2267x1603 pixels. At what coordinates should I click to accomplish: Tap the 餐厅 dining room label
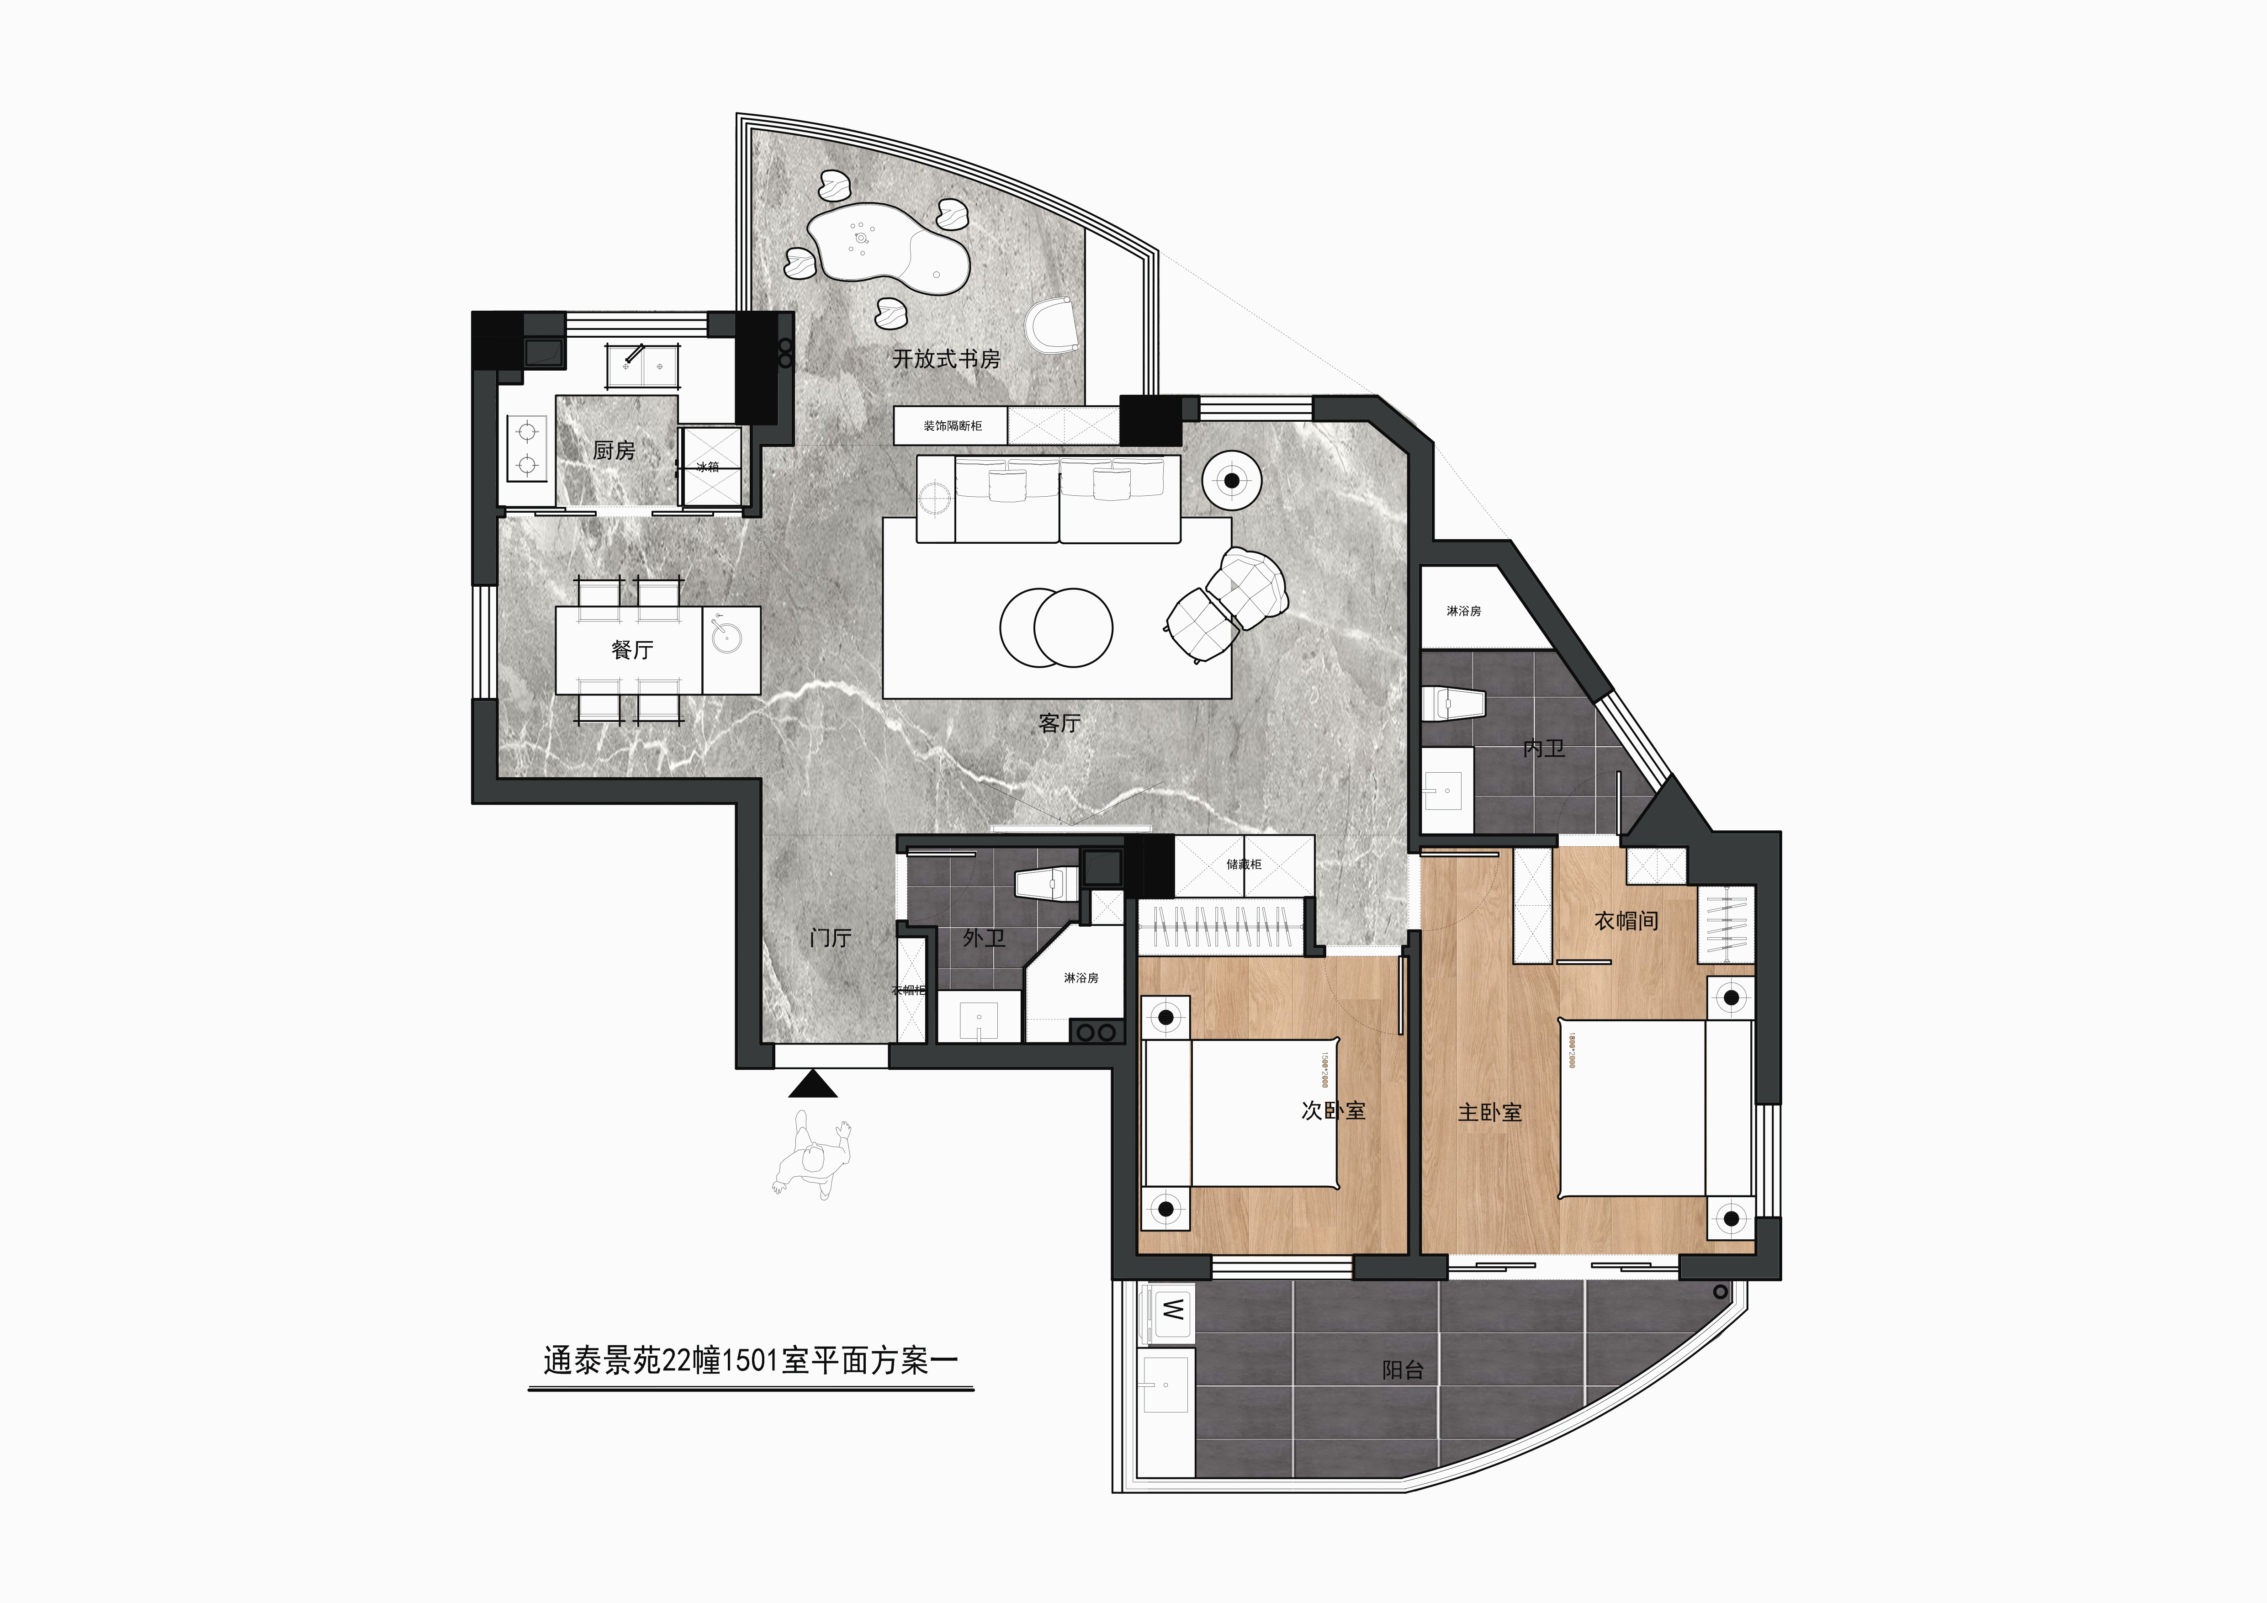(x=632, y=650)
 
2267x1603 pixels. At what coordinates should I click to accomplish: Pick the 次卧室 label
(x=1333, y=1110)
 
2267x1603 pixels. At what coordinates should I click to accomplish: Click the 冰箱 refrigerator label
(x=708, y=466)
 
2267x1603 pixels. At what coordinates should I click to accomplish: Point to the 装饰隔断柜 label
(x=952, y=426)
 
